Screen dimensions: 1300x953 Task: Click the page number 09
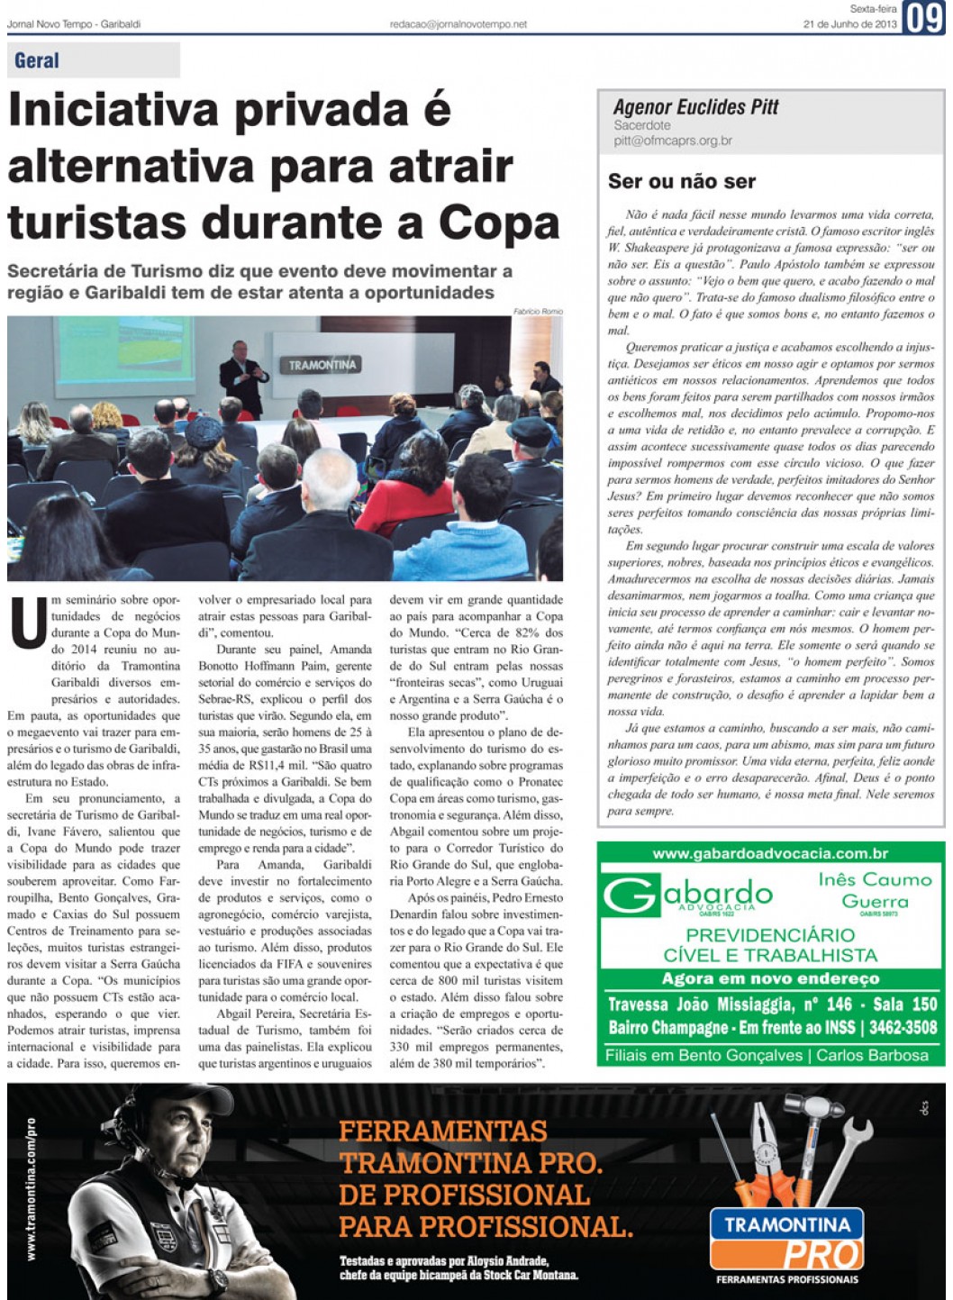click(x=923, y=17)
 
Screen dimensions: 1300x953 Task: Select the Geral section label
click(x=37, y=61)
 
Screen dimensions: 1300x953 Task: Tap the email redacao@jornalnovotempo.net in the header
click(x=458, y=24)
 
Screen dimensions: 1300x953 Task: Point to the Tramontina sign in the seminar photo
click(x=322, y=365)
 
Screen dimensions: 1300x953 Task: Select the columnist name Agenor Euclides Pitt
click(x=695, y=107)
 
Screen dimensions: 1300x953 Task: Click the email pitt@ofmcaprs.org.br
click(x=673, y=141)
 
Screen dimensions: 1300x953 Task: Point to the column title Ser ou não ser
click(x=682, y=181)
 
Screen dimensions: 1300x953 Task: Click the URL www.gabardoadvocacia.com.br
click(x=770, y=854)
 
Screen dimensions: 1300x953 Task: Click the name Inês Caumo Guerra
click(x=875, y=890)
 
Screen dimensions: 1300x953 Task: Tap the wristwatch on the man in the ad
click(x=216, y=1280)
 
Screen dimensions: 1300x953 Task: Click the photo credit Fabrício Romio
click(x=538, y=312)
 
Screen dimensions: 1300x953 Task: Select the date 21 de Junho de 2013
click(x=849, y=24)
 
